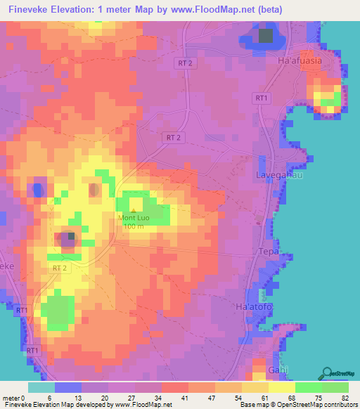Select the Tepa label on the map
270,252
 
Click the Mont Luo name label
134,218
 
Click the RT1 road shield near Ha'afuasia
262,98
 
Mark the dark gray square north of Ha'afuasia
265,36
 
